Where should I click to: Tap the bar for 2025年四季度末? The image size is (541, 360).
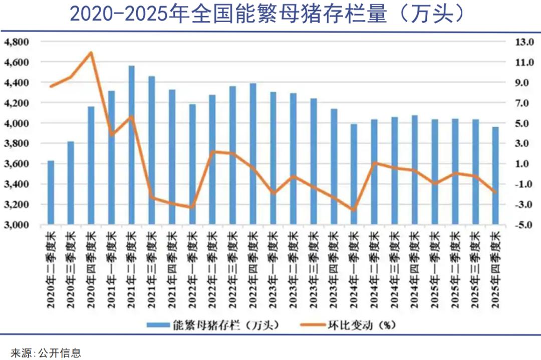pos(495,176)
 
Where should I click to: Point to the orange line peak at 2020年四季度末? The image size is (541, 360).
pos(91,52)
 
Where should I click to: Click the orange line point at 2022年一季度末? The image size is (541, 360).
pos(192,207)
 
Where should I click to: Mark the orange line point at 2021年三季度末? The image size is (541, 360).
pos(151,198)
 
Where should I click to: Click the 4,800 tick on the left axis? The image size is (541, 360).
pos(17,42)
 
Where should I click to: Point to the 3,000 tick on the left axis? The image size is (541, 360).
pos(17,225)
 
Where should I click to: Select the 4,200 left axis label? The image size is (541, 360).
pos(17,103)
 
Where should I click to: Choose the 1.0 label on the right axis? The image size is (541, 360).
pos(525,164)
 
